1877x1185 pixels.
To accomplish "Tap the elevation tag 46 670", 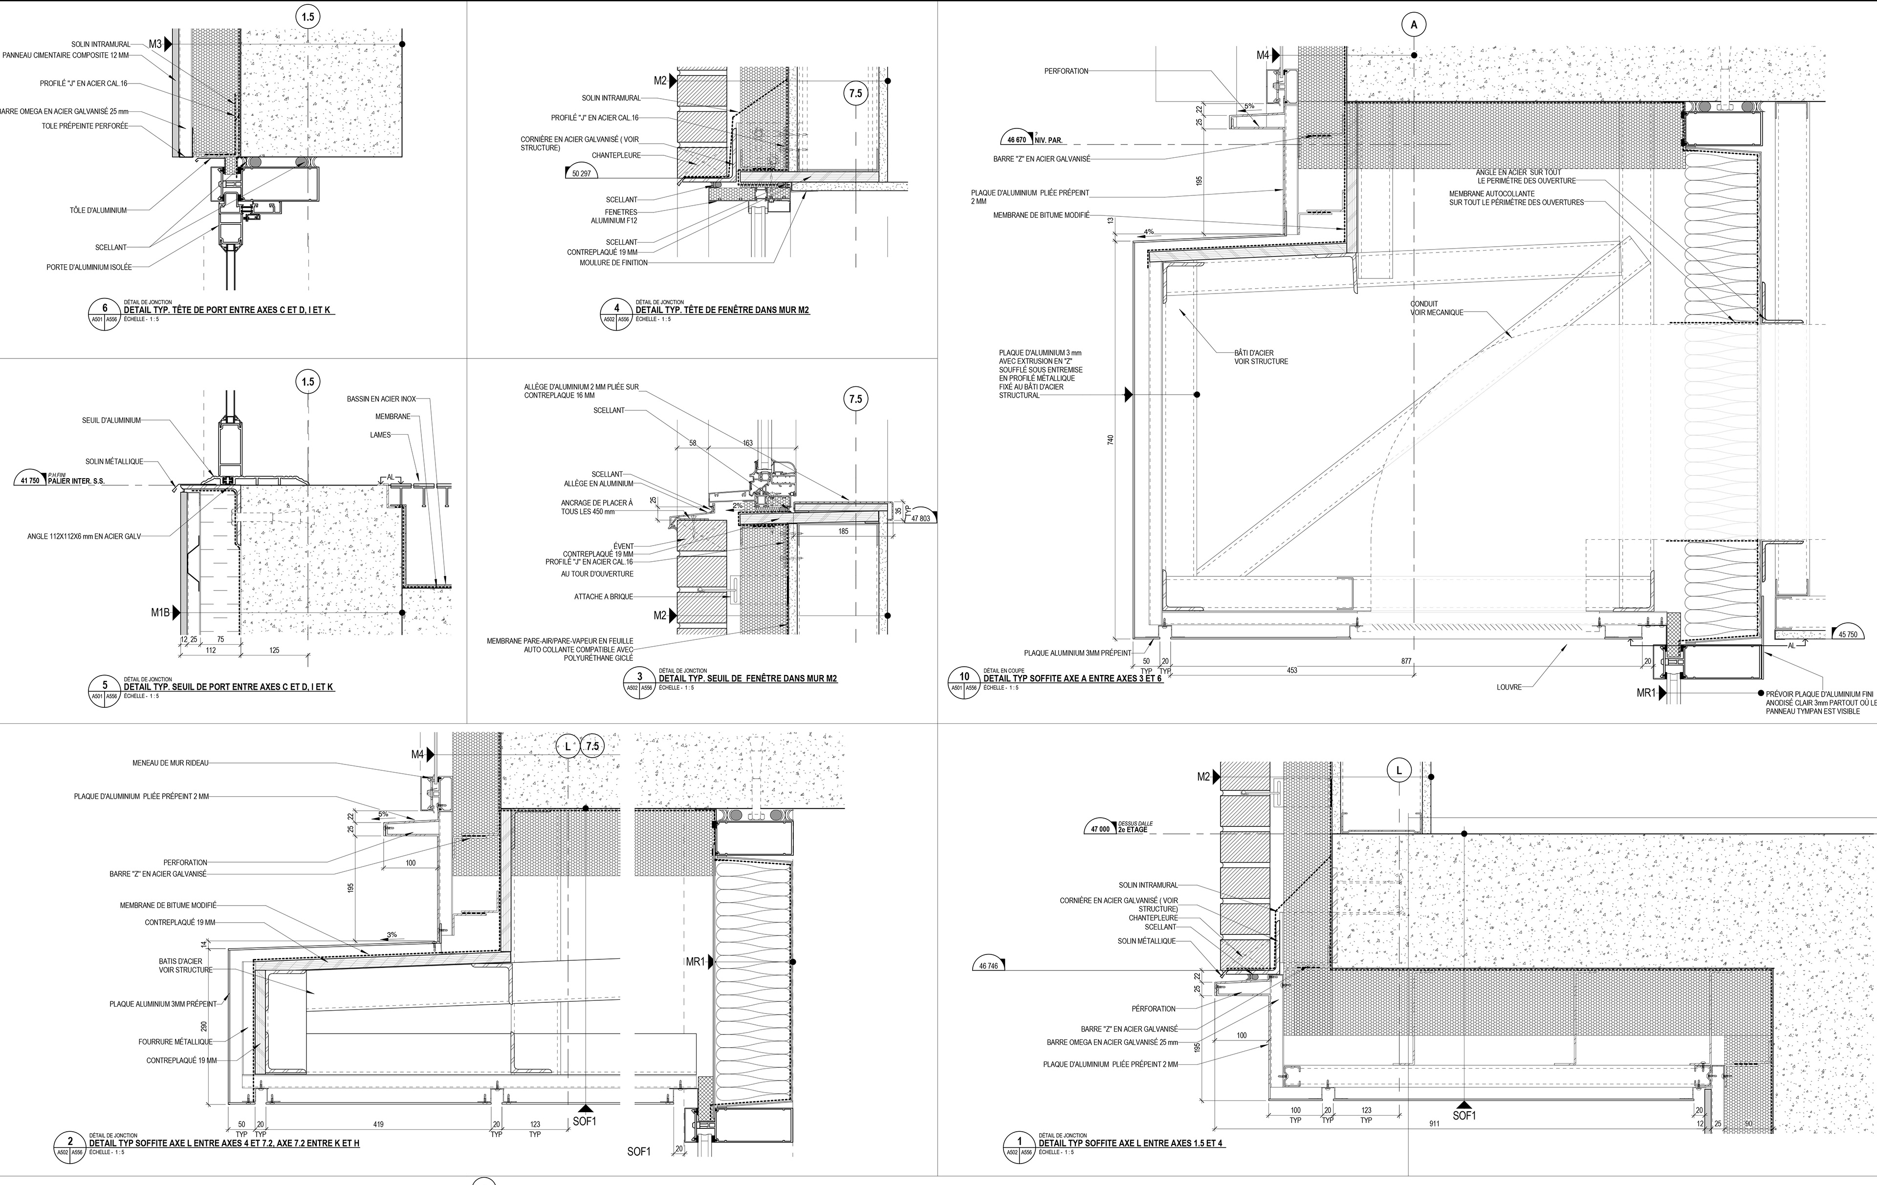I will pyautogui.click(x=1016, y=140).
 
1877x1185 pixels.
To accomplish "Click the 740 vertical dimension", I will pyautogui.click(x=1111, y=440).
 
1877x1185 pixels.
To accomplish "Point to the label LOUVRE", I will pyautogui.click(x=1508, y=687).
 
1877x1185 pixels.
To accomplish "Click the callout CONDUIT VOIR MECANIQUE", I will pyautogui.click(x=1436, y=309).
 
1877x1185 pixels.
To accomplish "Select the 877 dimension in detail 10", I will pyautogui.click(x=1406, y=661).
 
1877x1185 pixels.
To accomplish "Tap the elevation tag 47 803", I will pyautogui.click(x=920, y=518).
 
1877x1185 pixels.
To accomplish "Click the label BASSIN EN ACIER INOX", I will pyautogui.click(x=381, y=399).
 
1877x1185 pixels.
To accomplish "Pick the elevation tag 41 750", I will pyautogui.click(x=30, y=481).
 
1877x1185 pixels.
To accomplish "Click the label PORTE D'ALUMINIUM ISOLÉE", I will pyautogui.click(x=89, y=267).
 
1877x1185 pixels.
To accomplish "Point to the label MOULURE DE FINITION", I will pyautogui.click(x=613, y=263).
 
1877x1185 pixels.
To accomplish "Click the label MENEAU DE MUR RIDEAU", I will pyautogui.click(x=170, y=763).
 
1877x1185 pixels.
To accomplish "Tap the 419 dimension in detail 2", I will pyautogui.click(x=378, y=1124).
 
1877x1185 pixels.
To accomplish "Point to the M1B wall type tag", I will pyautogui.click(x=161, y=613).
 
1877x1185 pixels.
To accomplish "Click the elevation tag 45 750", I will pyautogui.click(x=1847, y=634).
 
